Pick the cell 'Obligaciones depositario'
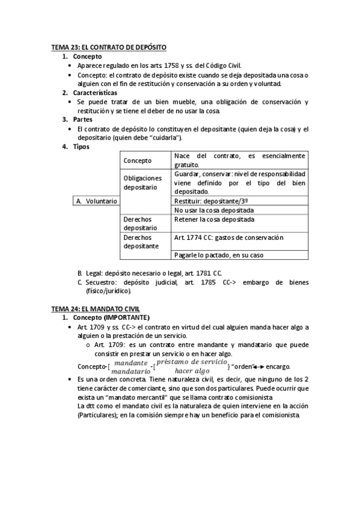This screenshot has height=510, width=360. click(x=143, y=182)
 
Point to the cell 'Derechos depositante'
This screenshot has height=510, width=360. click(x=142, y=242)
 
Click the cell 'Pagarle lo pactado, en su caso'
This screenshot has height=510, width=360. click(x=219, y=255)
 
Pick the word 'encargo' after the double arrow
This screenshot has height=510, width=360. click(x=277, y=367)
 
